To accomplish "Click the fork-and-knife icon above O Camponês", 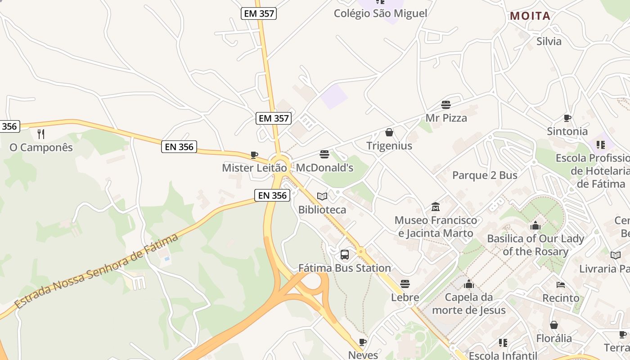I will click(41, 134).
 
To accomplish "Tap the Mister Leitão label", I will click(254, 168).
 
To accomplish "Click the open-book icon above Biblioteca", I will click(322, 196).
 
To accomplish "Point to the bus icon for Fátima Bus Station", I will click(345, 255).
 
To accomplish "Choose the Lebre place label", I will click(405, 297).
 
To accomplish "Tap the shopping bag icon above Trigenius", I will click(389, 132).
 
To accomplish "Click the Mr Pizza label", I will click(446, 118).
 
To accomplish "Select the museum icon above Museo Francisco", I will click(436, 207).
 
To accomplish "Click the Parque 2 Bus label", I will click(485, 175).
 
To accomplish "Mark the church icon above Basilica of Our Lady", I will click(535, 225).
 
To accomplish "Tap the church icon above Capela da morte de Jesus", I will click(469, 284).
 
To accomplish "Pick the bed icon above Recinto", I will click(561, 285).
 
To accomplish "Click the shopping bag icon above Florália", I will click(554, 325).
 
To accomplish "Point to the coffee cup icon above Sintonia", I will click(567, 118).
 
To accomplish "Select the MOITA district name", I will click(530, 16).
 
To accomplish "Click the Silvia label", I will click(549, 41).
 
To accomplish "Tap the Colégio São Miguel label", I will click(380, 13).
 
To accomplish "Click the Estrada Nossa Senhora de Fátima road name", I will click(97, 271).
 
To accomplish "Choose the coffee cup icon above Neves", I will click(363, 342).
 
